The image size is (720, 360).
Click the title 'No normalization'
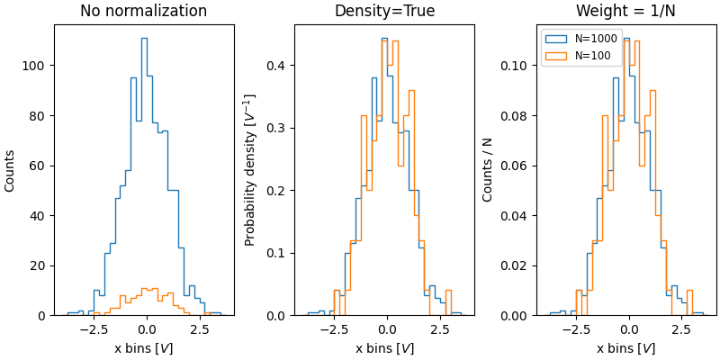(x=143, y=12)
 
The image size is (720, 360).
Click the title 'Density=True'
(x=384, y=12)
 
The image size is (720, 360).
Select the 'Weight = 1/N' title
(x=625, y=12)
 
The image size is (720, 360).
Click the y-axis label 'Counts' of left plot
(x=10, y=170)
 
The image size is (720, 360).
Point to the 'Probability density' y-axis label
(x=251, y=170)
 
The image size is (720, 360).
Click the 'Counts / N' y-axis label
(x=488, y=170)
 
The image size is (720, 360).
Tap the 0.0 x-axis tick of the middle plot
(x=387, y=329)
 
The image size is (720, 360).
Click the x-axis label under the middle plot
(x=384, y=348)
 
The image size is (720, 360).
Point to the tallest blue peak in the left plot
(x=144, y=39)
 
